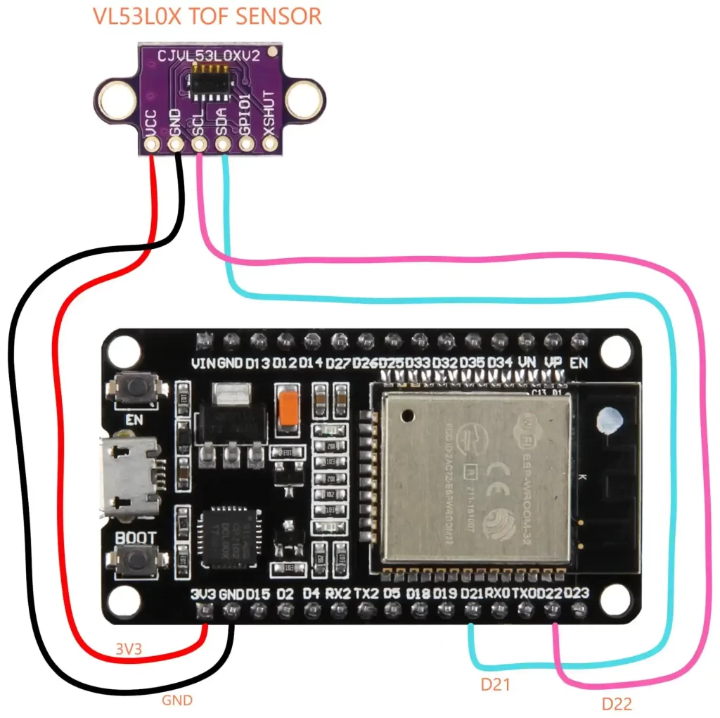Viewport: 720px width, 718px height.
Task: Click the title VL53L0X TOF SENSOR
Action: pos(208,16)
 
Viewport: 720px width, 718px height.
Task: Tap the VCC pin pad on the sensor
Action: pos(151,145)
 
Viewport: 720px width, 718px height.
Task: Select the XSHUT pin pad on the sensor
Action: pos(270,145)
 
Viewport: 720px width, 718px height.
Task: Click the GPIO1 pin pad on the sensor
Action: pos(247,145)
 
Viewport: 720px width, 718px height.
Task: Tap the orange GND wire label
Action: pos(177,700)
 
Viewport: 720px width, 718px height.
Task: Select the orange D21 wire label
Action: pos(495,685)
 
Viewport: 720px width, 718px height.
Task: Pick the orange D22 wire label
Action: pos(617,703)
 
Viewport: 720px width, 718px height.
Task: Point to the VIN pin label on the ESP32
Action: pos(203,364)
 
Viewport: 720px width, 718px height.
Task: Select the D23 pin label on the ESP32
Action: pos(577,594)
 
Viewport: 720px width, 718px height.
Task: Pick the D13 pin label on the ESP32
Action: pos(257,364)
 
